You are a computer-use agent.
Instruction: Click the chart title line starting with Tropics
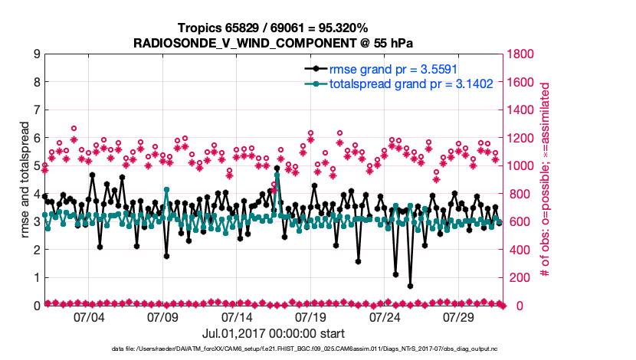coord(274,28)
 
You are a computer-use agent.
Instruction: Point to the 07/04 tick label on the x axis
coord(87,317)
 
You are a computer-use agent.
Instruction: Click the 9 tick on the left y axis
coord(36,54)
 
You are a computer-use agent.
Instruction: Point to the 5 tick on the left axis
coord(36,166)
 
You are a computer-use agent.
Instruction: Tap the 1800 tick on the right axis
coord(523,54)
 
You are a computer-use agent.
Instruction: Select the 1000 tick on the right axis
coord(523,166)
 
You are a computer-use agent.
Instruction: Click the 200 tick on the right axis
coord(520,278)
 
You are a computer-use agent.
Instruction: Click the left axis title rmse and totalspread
coord(25,180)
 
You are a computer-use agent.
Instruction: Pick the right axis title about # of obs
coord(546,180)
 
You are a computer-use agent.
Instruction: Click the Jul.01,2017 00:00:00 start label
coord(274,333)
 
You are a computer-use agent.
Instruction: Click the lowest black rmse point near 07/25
coord(411,286)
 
